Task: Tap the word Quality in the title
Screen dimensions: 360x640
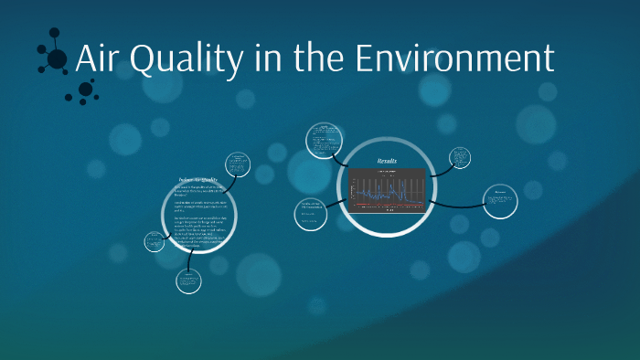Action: (x=179, y=60)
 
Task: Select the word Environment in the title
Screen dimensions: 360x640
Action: (x=453, y=58)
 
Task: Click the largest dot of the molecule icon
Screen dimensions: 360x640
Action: (x=57, y=59)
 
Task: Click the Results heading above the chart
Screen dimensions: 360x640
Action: (x=389, y=162)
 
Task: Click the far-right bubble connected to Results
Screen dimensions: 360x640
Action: (x=501, y=202)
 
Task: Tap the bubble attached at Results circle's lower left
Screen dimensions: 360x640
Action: (x=311, y=214)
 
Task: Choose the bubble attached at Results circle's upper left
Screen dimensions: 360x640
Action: (x=323, y=139)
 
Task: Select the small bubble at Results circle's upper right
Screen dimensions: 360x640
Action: (x=461, y=158)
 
